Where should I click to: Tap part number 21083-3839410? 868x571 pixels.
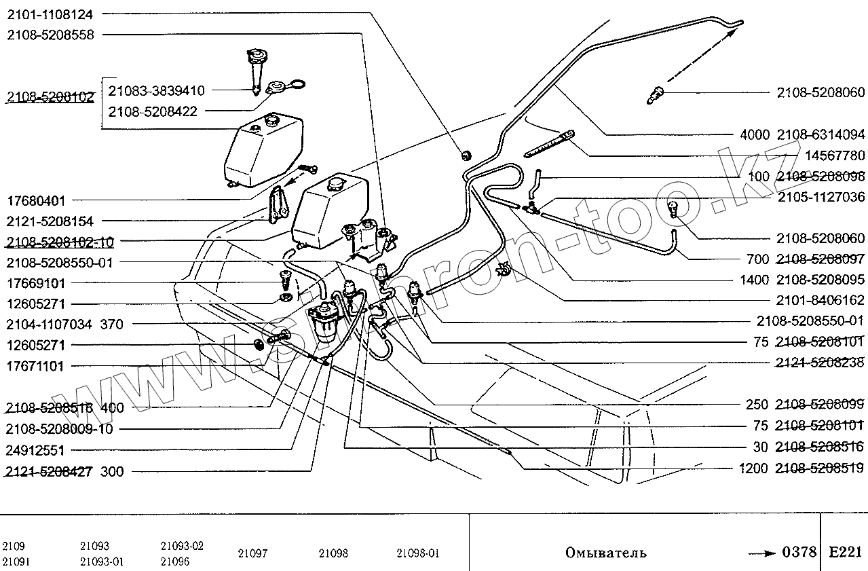pos(156,90)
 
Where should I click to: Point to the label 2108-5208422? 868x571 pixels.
pos(153,111)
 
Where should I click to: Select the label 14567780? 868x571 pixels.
pos(834,155)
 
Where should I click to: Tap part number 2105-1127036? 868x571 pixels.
pos(821,198)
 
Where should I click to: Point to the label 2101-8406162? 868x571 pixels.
pos(821,299)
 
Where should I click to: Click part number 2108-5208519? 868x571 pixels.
pos(821,468)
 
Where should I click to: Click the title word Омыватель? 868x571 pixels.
pos(605,553)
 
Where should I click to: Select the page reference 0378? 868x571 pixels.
pos(799,552)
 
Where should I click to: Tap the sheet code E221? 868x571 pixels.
pos(844,552)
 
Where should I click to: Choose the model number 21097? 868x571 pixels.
pos(252,553)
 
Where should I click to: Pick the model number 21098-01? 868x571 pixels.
pos(418,553)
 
